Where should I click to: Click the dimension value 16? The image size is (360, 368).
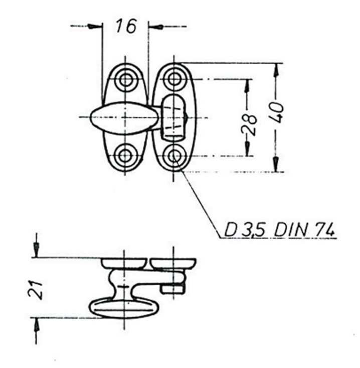(126, 26)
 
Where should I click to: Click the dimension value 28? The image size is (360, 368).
(249, 125)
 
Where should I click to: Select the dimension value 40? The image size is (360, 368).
(278, 112)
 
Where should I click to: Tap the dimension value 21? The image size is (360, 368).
(36, 290)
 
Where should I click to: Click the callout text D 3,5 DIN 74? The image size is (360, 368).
(279, 229)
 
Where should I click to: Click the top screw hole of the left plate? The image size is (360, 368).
(125, 80)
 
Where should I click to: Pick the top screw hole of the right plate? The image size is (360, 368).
(173, 79)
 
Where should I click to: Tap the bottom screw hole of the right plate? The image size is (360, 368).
(173, 155)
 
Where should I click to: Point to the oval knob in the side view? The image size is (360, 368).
(124, 308)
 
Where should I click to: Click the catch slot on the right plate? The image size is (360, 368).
(173, 118)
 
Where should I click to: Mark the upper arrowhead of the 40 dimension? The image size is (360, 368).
(276, 70)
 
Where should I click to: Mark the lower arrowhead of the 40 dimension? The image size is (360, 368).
(276, 165)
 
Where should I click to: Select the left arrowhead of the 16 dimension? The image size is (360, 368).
(95, 26)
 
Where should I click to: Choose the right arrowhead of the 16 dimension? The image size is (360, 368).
(156, 26)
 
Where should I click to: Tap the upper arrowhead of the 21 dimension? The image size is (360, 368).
(36, 250)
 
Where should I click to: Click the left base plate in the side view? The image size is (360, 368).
(124, 264)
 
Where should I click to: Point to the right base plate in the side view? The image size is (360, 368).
(173, 264)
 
